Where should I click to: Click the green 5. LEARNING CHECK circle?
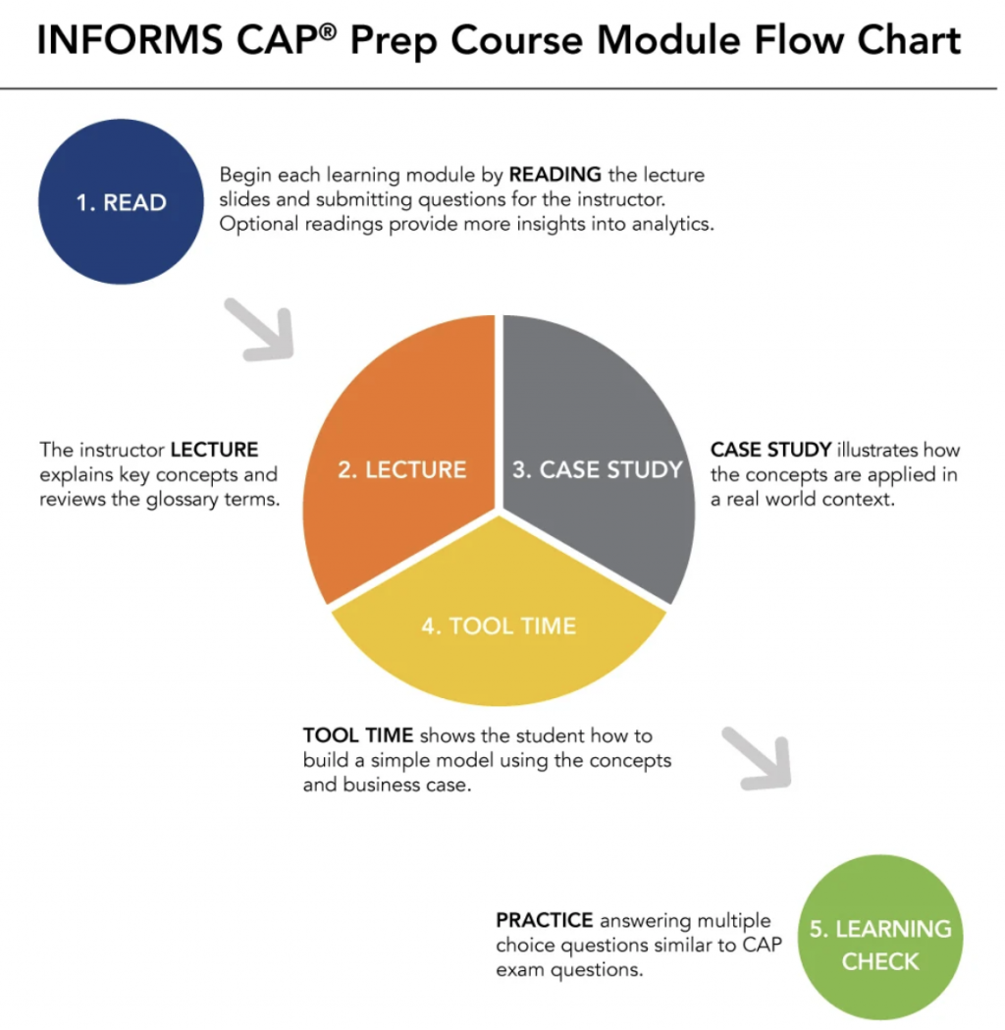click(x=880, y=945)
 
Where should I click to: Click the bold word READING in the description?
click(x=555, y=175)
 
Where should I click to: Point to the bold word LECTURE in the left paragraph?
click(x=214, y=450)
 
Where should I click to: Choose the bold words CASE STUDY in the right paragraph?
click(x=770, y=450)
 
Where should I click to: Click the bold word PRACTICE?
click(x=545, y=920)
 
